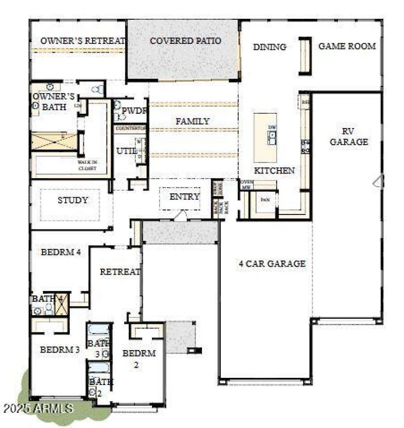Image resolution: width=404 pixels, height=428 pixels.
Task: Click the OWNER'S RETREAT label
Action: pyautogui.click(x=82, y=41)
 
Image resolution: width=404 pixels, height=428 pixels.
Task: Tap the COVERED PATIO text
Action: pyautogui.click(x=185, y=40)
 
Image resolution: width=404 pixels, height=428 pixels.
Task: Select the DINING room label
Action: pyautogui.click(x=269, y=47)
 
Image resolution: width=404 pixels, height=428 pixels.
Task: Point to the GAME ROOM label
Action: pyautogui.click(x=347, y=46)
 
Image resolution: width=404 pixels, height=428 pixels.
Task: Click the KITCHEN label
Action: pyautogui.click(x=274, y=170)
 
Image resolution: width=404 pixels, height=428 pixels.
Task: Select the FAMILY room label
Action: pyautogui.click(x=192, y=121)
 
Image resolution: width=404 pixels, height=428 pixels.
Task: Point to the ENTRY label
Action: pyautogui.click(x=184, y=197)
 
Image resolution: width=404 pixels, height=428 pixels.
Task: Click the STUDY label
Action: pyautogui.click(x=73, y=200)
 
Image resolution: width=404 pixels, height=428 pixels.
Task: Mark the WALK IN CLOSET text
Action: pyautogui.click(x=87, y=165)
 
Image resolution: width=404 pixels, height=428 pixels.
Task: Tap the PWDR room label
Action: pyautogui.click(x=135, y=111)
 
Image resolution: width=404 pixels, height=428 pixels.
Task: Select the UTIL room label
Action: pyautogui.click(x=124, y=151)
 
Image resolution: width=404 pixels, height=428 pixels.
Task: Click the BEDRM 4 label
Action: pyautogui.click(x=61, y=252)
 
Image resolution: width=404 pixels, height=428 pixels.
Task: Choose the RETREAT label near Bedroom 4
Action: pyautogui.click(x=120, y=272)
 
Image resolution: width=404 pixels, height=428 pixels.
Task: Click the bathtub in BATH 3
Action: pyautogui.click(x=98, y=329)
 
